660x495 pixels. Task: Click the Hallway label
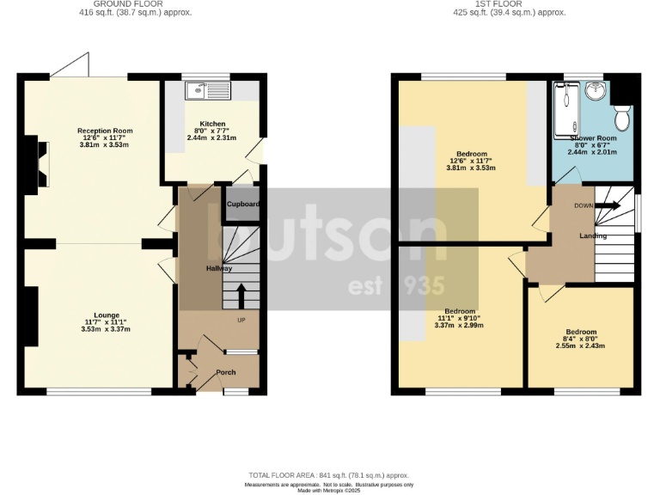218,269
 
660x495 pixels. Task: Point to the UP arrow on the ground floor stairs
241,297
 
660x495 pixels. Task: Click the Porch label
225,372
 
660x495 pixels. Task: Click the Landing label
593,235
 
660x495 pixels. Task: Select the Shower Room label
593,137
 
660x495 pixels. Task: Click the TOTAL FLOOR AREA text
329,475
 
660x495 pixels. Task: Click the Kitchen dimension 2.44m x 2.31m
211,138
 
